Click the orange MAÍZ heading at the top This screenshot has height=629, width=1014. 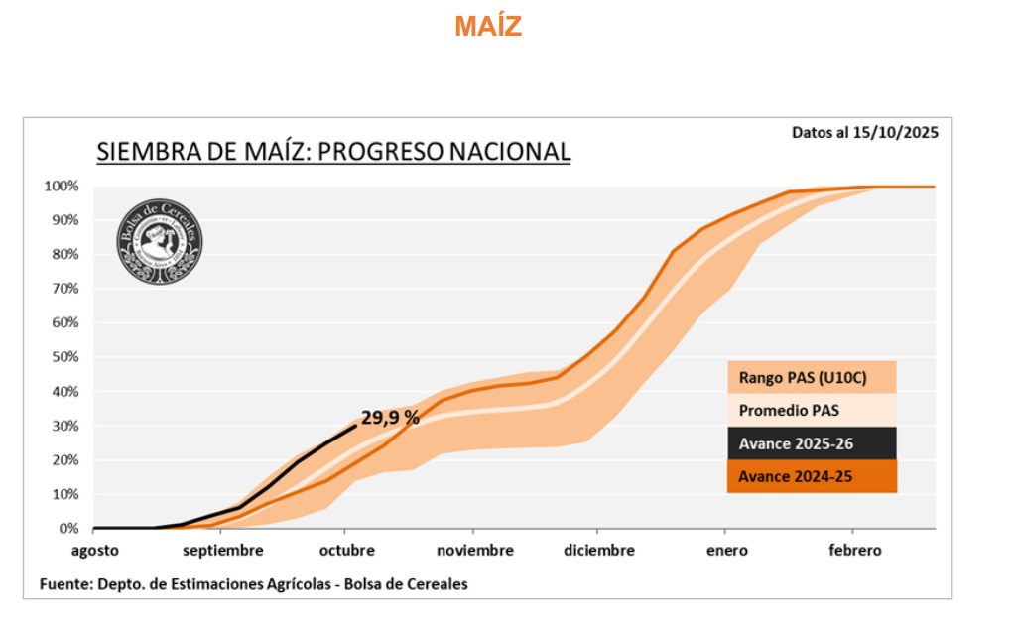tap(488, 27)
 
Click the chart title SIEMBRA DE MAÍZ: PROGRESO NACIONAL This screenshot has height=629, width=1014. tap(333, 152)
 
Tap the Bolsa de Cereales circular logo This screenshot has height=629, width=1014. tap(161, 242)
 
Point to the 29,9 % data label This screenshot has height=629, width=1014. tap(390, 418)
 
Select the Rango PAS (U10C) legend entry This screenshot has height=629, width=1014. tap(812, 377)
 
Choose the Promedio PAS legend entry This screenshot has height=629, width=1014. tap(812, 410)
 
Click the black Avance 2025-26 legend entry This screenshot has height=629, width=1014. tap(812, 442)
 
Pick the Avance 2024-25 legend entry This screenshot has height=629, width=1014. tap(812, 476)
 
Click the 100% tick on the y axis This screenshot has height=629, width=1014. tap(62, 187)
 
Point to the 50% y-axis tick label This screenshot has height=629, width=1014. tap(64, 357)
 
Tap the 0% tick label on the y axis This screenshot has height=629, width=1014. tap(68, 529)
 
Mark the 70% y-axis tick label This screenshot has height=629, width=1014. tap(64, 289)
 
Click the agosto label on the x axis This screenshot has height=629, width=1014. tap(95, 551)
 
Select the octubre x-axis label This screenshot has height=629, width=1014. tap(347, 551)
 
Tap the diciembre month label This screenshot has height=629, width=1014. tap(598, 551)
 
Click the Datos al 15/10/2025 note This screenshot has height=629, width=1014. tap(864, 132)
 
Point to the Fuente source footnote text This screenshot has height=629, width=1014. tap(253, 584)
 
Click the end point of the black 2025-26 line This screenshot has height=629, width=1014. tap(355, 426)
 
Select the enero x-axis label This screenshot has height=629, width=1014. tap(727, 551)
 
